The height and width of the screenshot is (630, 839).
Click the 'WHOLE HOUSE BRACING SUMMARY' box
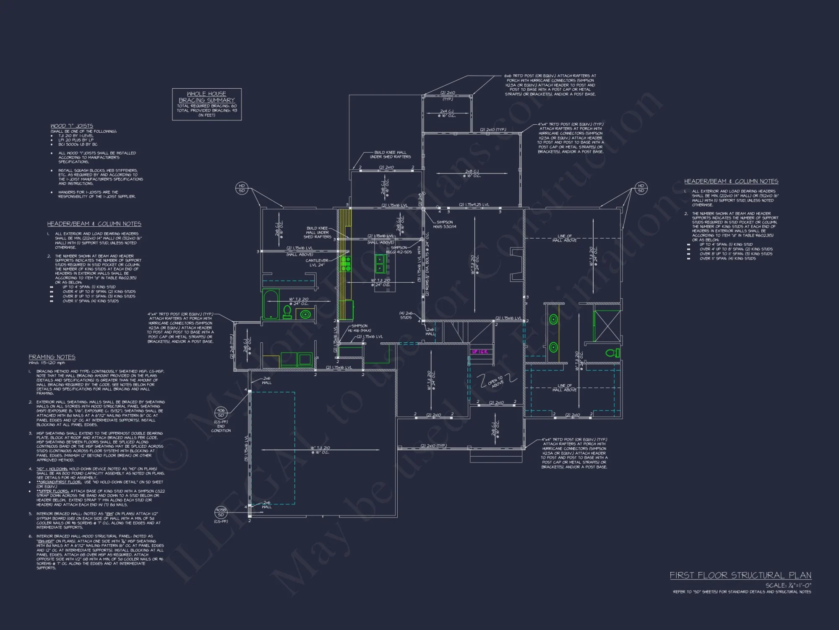pyautogui.click(x=207, y=104)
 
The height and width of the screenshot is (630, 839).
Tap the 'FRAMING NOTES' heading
pyautogui.click(x=52, y=357)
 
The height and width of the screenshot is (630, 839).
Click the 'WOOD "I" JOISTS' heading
pyautogui.click(x=72, y=126)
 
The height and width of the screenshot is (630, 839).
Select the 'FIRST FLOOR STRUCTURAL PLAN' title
pyautogui.click(x=740, y=575)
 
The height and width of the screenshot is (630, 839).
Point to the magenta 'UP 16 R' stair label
pyautogui.click(x=479, y=352)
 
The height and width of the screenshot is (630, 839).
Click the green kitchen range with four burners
pyautogui.click(x=346, y=264)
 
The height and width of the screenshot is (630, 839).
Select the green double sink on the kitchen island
pyautogui.click(x=380, y=263)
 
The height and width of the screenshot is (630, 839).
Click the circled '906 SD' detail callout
pyautogui.click(x=221, y=412)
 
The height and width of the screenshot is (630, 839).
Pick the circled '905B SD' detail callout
pyautogui.click(x=221, y=512)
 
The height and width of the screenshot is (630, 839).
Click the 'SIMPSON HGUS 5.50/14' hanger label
pyautogui.click(x=445, y=224)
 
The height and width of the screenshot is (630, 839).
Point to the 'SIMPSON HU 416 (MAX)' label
pyautogui.click(x=359, y=328)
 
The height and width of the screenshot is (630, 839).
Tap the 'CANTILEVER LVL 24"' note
pyautogui.click(x=317, y=262)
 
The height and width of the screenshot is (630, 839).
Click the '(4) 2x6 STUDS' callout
pyautogui.click(x=406, y=315)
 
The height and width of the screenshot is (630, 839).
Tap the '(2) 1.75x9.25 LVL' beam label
pyautogui.click(x=474, y=205)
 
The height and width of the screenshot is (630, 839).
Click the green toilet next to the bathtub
pyautogui.click(x=287, y=312)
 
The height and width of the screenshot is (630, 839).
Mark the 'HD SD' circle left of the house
pyautogui.click(x=242, y=188)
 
